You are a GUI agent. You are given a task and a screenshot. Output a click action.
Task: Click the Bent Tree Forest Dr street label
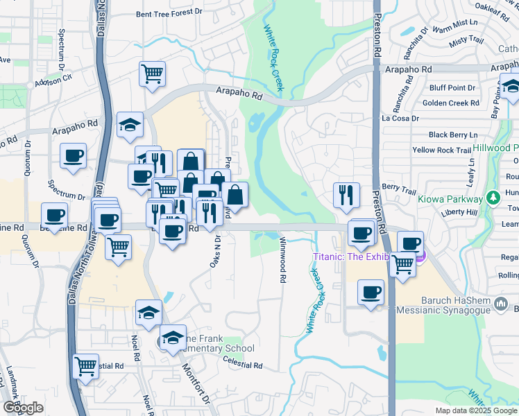point(169,12)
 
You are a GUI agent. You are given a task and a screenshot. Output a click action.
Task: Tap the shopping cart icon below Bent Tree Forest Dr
point(152,73)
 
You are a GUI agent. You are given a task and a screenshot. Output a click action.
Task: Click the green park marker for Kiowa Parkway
point(493,198)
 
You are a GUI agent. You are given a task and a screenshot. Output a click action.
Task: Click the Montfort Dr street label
point(196,382)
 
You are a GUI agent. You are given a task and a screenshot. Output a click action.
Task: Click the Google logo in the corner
point(24,407)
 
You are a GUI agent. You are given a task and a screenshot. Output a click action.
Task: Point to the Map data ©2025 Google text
point(475,410)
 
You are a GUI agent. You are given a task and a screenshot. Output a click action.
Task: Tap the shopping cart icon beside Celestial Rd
point(85,365)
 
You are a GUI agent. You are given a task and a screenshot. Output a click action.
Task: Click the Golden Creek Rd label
point(450,103)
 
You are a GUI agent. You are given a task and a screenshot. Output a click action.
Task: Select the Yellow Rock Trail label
point(442,150)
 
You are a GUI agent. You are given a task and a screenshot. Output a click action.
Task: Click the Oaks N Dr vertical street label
point(215,250)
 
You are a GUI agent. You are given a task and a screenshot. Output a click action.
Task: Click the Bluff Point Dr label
point(452,88)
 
